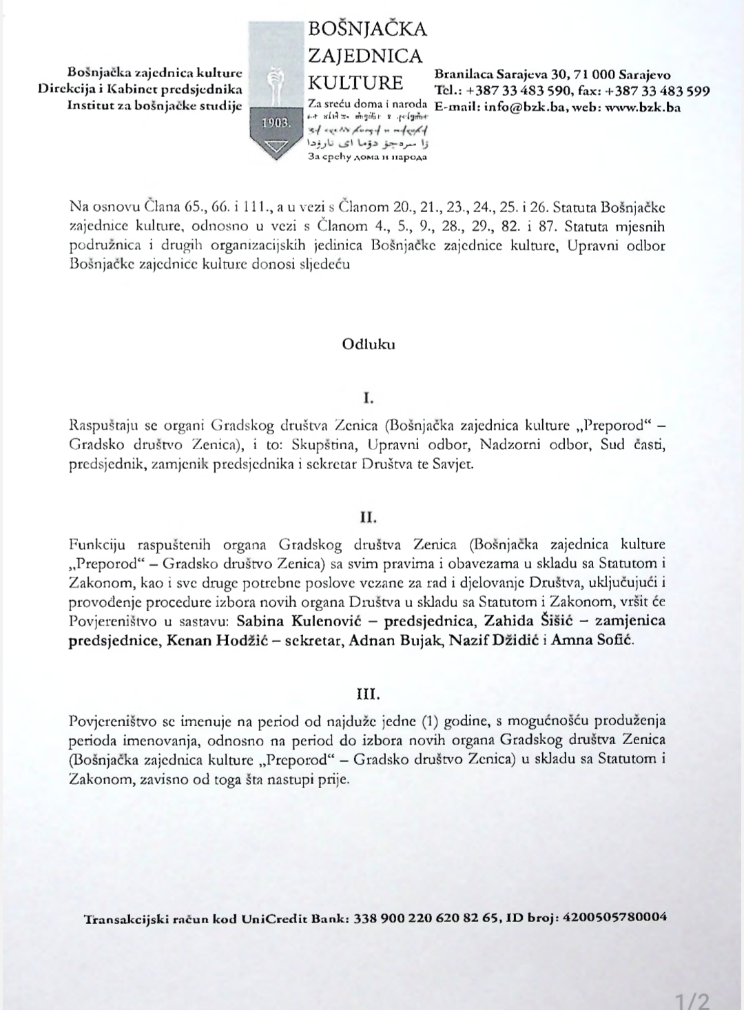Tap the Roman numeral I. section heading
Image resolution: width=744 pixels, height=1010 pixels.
pyautogui.click(x=368, y=398)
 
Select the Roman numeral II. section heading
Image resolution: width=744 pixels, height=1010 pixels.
pyautogui.click(x=368, y=517)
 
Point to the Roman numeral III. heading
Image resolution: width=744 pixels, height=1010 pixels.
pyautogui.click(x=368, y=693)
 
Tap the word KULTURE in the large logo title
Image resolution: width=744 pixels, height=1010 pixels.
pyautogui.click(x=355, y=83)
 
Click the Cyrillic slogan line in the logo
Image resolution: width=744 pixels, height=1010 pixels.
pyautogui.click(x=366, y=157)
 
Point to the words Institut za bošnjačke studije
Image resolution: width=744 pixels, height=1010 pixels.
pyautogui.click(x=154, y=105)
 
